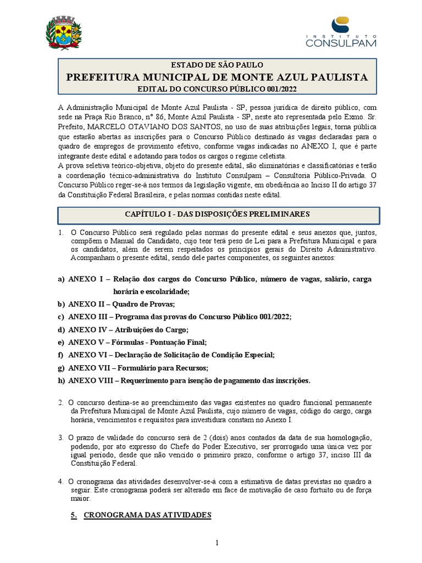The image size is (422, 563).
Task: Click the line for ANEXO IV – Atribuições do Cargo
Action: pos(127,330)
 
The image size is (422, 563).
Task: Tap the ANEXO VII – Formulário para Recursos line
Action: pos(138,368)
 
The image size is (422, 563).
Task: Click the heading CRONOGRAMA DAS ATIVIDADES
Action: pos(147,515)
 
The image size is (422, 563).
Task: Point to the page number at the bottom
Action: pos(217,543)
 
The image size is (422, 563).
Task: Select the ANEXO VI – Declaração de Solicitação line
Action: pos(170,355)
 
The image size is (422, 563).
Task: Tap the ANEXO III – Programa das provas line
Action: pos(179,317)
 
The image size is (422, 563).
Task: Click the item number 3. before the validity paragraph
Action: pos(62,438)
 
